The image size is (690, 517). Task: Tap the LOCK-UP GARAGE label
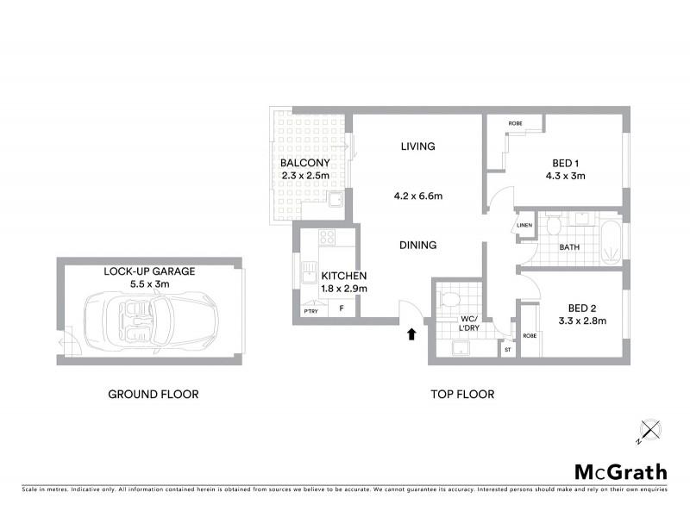coord(149,271)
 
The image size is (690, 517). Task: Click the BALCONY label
coord(304,163)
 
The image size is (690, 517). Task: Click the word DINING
coord(417,246)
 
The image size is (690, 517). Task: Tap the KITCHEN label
coord(343,276)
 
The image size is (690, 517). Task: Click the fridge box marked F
coord(341,308)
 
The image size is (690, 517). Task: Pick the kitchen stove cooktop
coord(326,238)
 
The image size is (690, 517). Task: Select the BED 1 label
coord(568,163)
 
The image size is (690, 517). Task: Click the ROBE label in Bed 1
coord(515,124)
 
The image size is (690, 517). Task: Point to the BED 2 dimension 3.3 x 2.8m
coord(582,321)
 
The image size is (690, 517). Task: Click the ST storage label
coord(507,350)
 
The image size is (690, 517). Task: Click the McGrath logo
coord(620,471)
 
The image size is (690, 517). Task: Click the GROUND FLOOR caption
coord(154,395)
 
